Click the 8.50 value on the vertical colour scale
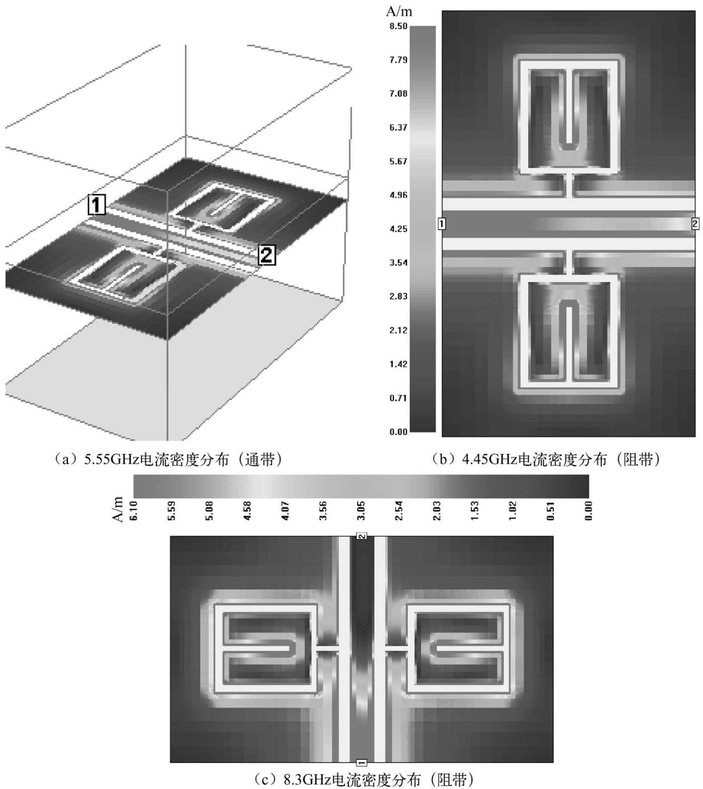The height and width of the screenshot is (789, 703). coord(398,26)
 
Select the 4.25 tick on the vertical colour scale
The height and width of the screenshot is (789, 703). coord(398,229)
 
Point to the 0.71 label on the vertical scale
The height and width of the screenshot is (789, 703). coord(398,398)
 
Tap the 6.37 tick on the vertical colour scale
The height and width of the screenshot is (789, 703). coord(398,128)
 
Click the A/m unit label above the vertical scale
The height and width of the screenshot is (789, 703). coord(399,11)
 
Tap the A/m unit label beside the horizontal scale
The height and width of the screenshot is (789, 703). coord(118,509)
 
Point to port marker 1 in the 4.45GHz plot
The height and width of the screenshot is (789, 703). coord(442,223)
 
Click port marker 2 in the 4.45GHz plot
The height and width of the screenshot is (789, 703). coord(695,223)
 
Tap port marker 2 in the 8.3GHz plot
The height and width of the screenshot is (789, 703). coord(362,536)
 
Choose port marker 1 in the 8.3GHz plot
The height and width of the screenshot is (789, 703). coord(362,762)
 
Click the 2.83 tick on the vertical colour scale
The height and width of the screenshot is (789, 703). coord(398,296)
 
